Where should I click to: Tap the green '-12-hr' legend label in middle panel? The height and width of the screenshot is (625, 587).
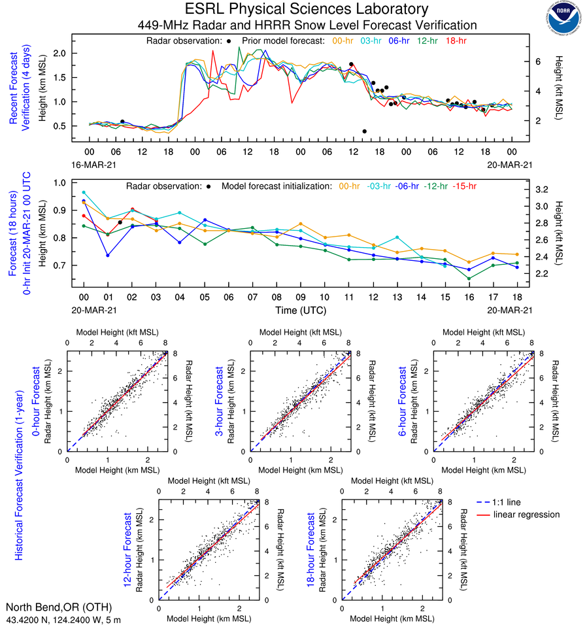(x=436, y=186)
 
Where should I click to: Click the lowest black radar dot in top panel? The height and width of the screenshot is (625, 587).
(x=364, y=131)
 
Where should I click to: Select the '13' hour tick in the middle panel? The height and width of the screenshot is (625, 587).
(x=397, y=297)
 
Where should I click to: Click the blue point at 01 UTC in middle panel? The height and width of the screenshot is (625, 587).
(x=108, y=255)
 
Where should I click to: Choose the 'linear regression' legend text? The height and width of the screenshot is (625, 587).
(x=527, y=515)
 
